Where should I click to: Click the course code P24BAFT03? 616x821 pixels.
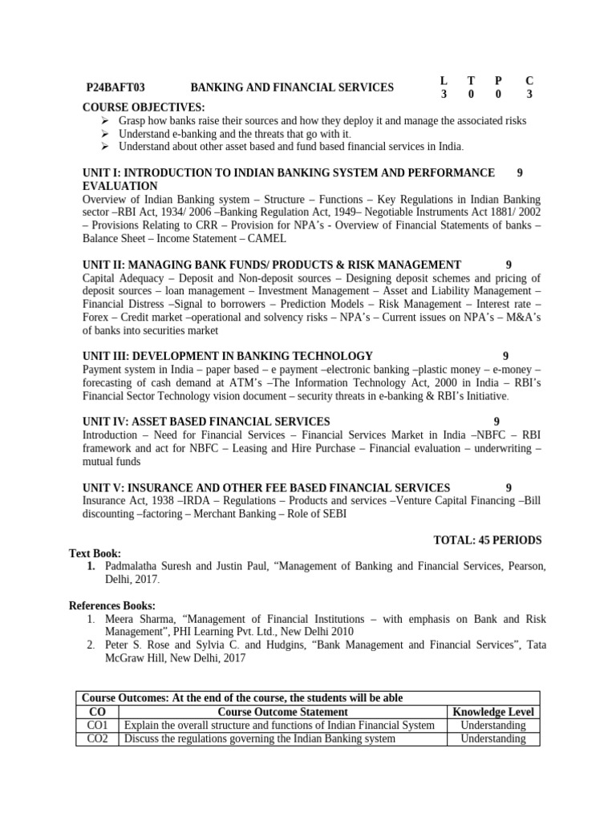pyautogui.click(x=121, y=87)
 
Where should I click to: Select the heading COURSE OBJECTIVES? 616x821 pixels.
pyautogui.click(x=144, y=107)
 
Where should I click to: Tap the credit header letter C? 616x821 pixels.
pyautogui.click(x=529, y=80)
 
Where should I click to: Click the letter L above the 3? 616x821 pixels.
pyautogui.click(x=444, y=80)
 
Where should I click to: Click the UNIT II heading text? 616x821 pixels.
pyautogui.click(x=272, y=265)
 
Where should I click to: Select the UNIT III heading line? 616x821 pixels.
pyautogui.click(x=228, y=356)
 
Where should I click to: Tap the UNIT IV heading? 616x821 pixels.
pyautogui.click(x=206, y=422)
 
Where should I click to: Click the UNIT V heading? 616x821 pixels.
pyautogui.click(x=266, y=487)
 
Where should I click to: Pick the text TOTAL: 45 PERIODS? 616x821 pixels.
pyautogui.click(x=487, y=540)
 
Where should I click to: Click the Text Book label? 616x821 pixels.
pyautogui.click(x=95, y=553)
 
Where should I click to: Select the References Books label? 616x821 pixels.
pyautogui.click(x=112, y=605)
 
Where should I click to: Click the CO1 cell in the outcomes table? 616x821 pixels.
pyautogui.click(x=97, y=725)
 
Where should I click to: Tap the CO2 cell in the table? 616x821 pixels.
pyautogui.click(x=97, y=738)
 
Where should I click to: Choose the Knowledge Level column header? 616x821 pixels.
pyautogui.click(x=493, y=712)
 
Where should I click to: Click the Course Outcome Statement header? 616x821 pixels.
pyautogui.click(x=282, y=712)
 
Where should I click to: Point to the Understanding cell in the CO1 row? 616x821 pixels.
pyautogui.click(x=493, y=725)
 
